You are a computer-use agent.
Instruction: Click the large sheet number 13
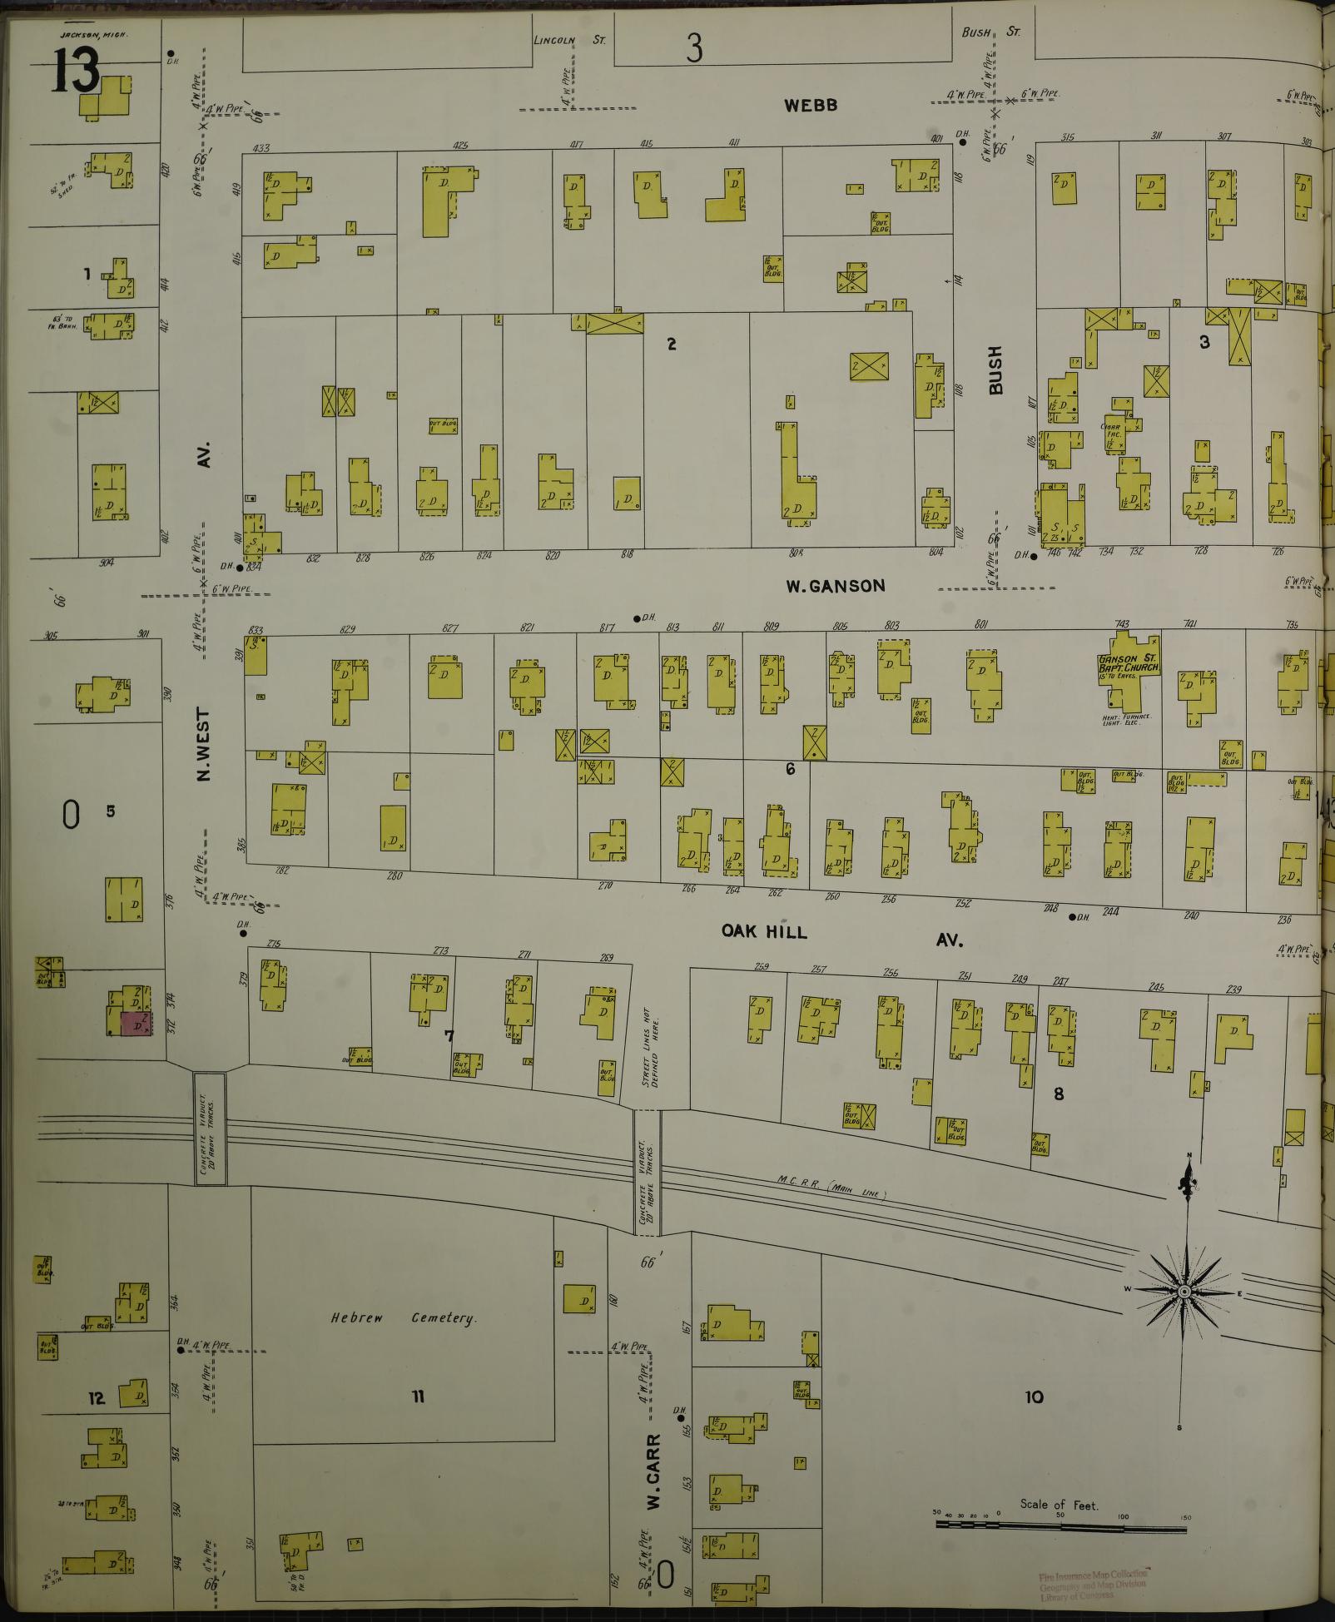pyautogui.click(x=76, y=71)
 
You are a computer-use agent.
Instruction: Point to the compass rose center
pyautogui.click(x=1183, y=1313)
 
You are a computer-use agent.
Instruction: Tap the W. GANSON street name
pyautogui.click(x=836, y=586)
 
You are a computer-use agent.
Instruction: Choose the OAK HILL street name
pyautogui.click(x=764, y=931)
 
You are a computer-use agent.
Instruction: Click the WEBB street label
pyautogui.click(x=809, y=106)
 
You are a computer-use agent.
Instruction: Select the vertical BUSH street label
pyautogui.click(x=995, y=370)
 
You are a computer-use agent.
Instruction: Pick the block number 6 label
pyautogui.click(x=790, y=769)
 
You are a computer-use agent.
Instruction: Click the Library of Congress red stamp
pyautogui.click(x=1092, y=1585)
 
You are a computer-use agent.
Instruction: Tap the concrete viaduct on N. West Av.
pyautogui.click(x=209, y=1127)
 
